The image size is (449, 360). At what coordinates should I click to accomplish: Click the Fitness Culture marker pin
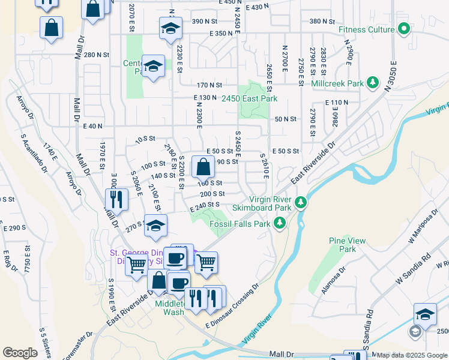(404, 28)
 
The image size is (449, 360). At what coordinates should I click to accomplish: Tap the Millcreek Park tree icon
(373, 81)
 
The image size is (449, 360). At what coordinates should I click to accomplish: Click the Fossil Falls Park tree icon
(279, 224)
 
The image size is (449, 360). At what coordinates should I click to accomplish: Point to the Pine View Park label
(347, 245)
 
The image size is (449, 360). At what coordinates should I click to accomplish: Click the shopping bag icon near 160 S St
(203, 167)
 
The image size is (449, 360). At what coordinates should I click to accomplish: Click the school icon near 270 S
(155, 226)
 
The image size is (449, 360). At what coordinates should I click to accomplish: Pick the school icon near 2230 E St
(170, 28)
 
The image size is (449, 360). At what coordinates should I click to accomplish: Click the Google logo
(20, 353)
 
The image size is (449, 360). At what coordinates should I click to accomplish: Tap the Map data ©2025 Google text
(412, 355)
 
